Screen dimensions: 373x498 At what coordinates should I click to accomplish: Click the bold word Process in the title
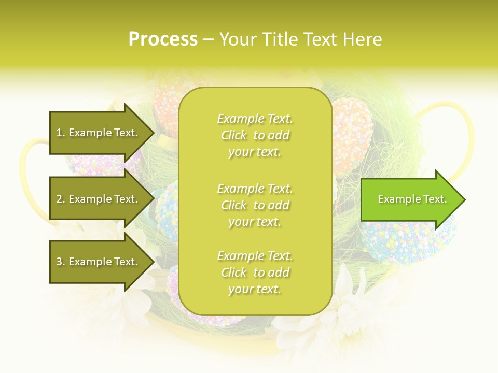click(x=163, y=39)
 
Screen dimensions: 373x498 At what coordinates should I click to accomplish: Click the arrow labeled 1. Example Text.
click(x=99, y=133)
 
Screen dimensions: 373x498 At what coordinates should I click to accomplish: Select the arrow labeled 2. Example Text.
click(x=99, y=199)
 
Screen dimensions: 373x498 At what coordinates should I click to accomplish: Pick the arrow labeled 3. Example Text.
click(x=99, y=262)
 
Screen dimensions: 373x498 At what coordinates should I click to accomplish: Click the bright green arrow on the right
click(x=410, y=199)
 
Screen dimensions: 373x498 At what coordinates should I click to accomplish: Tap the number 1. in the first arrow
click(x=61, y=133)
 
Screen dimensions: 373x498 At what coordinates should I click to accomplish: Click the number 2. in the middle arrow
click(x=61, y=199)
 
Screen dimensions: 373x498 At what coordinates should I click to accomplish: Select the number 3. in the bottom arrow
click(x=61, y=262)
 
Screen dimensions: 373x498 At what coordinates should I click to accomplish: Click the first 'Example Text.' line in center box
click(x=255, y=119)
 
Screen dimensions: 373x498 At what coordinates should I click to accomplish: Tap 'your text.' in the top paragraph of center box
click(x=255, y=152)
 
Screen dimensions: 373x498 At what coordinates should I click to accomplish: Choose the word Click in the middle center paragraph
click(x=234, y=205)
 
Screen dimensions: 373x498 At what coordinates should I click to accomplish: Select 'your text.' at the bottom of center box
click(x=255, y=289)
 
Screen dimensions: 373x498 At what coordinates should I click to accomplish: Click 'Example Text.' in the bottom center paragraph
click(x=255, y=256)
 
